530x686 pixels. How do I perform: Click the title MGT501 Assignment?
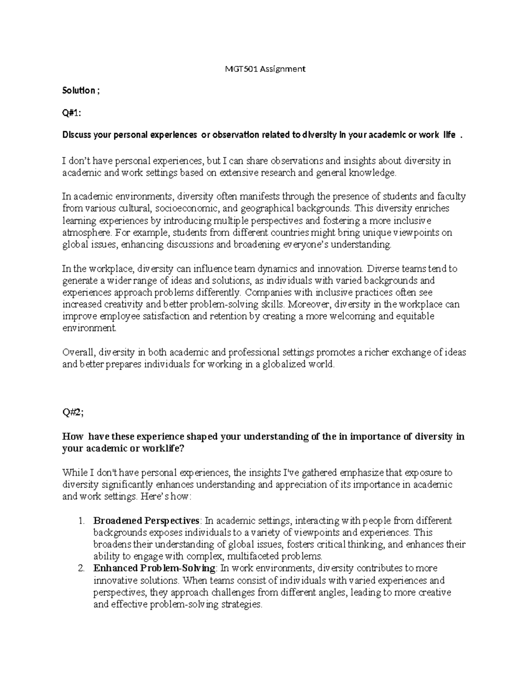pyautogui.click(x=265, y=69)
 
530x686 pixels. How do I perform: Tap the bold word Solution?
pyautogui.click(x=78, y=91)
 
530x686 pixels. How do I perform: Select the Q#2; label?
pyautogui.click(x=72, y=413)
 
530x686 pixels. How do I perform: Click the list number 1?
pyautogui.click(x=81, y=521)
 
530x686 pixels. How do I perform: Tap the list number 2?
pyautogui.click(x=81, y=569)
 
